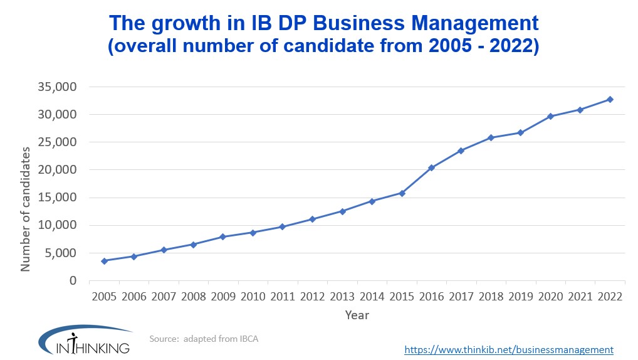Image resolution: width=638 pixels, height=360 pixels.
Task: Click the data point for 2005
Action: click(104, 261)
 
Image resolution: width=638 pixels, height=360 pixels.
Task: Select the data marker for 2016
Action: click(431, 167)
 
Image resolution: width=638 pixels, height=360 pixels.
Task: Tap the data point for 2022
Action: click(610, 99)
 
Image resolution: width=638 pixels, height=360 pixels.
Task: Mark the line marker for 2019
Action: click(521, 132)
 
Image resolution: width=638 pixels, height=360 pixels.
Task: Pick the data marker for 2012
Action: click(312, 219)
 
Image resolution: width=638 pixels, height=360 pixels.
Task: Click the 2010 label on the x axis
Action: click(253, 297)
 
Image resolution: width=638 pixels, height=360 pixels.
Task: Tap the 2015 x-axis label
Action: click(402, 297)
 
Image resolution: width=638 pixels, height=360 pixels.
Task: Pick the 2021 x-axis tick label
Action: click(580, 297)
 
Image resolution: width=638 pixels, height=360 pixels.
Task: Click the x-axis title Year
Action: click(357, 315)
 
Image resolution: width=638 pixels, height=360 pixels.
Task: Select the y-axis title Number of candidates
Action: click(26, 209)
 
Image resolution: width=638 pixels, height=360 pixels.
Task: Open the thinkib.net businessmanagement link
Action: click(509, 349)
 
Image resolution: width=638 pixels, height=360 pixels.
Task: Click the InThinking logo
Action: click(84, 341)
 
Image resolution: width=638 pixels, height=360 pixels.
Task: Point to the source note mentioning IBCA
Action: click(204, 339)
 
